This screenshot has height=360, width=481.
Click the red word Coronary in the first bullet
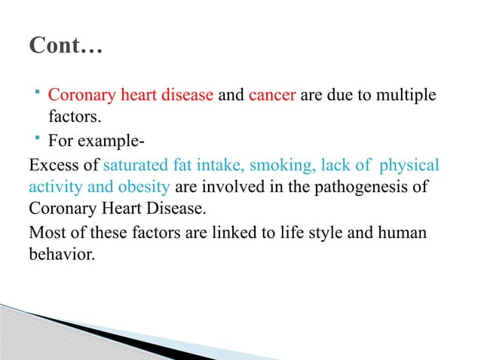(x=78, y=98)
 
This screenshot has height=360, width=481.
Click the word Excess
(x=52, y=164)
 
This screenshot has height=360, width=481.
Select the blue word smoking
(x=283, y=164)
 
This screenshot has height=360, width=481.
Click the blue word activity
(x=52, y=187)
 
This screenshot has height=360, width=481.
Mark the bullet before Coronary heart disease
(x=37, y=95)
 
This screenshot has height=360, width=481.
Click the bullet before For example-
(x=37, y=139)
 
